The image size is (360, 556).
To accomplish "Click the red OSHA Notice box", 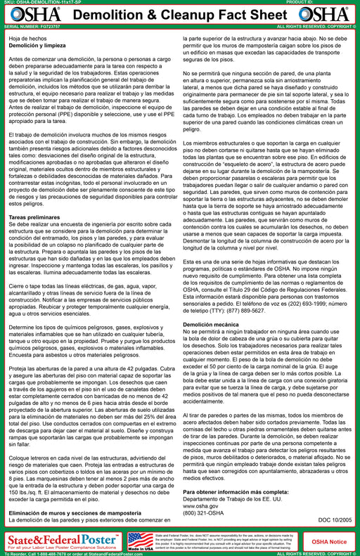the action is pyautogui.click(x=330, y=541).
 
